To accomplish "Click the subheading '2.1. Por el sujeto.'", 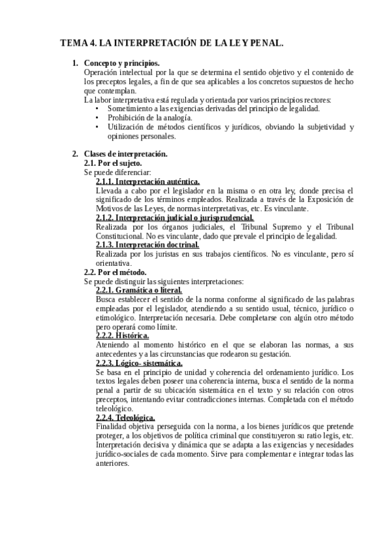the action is point(114,163).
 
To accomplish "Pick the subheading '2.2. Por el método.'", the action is point(116,272).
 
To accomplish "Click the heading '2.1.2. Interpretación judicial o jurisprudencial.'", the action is point(174,218).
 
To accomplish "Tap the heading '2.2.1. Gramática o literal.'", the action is point(138,290).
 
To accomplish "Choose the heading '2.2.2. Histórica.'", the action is point(123,336).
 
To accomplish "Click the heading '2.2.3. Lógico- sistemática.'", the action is point(139,363).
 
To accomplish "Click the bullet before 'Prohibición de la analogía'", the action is point(97,118).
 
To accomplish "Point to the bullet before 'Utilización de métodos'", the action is point(97,127).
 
